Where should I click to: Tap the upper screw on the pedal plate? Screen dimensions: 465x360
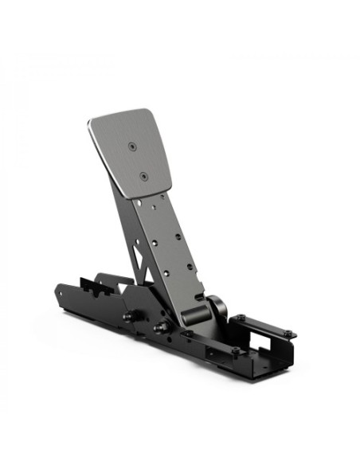[x=131, y=146]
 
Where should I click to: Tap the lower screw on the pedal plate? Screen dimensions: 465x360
[x=143, y=177]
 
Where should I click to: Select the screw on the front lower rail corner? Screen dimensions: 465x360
[x=237, y=351]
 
